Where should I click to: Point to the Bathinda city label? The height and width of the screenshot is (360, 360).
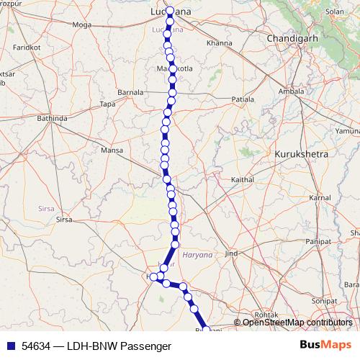coord(52,118)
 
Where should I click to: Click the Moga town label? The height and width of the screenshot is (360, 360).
coord(82,25)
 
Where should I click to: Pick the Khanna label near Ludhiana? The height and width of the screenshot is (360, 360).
coord(220,43)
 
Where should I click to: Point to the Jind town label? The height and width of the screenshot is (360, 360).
coord(231,253)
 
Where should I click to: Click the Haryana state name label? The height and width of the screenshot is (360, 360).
coord(199,255)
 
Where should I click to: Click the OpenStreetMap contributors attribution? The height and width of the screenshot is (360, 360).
coord(297,323)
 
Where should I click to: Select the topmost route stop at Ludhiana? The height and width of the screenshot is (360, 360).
coord(169,12)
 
